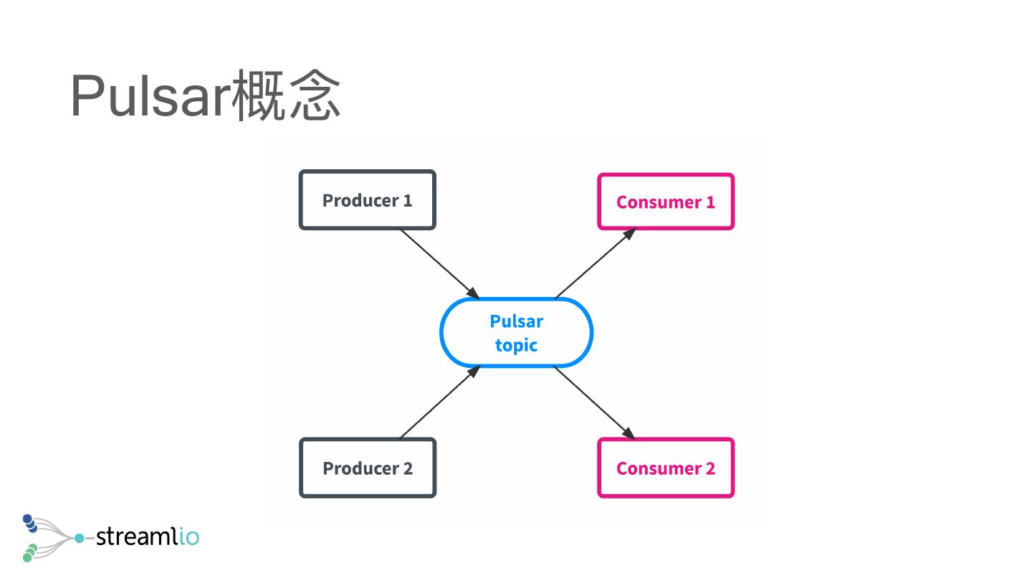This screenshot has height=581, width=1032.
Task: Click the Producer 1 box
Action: [367, 200]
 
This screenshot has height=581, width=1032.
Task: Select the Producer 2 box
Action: [367, 468]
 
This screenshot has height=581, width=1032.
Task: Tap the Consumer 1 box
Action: [666, 202]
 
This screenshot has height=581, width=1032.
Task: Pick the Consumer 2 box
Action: [666, 468]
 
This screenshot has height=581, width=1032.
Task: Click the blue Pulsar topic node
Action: [516, 333]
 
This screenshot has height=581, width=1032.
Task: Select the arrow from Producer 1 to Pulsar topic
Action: [439, 263]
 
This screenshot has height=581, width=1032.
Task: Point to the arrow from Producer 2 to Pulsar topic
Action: [439, 402]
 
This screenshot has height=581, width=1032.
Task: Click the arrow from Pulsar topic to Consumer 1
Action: [593, 264]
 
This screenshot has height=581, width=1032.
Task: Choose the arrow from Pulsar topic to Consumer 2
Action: [593, 402]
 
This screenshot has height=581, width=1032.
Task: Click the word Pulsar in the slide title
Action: [150, 96]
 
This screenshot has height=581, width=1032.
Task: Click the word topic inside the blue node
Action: [516, 345]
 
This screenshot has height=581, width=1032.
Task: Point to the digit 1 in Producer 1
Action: [408, 200]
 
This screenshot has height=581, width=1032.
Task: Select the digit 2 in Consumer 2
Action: [710, 468]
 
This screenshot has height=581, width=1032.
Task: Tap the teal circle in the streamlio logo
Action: [79, 537]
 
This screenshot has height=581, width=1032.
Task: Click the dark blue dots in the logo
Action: [30, 524]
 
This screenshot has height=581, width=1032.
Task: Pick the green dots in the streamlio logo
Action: [29, 552]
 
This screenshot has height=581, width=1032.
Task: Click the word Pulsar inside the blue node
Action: [516, 321]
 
